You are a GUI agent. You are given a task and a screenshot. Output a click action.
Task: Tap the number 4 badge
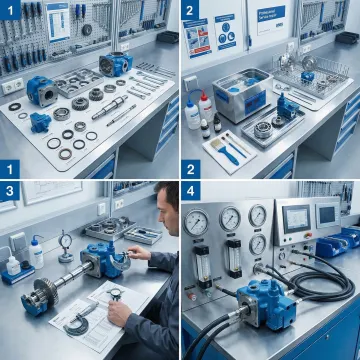(190, 189)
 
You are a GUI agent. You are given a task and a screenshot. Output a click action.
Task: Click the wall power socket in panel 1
(12, 86)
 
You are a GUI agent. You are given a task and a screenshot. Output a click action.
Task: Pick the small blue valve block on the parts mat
(40, 121)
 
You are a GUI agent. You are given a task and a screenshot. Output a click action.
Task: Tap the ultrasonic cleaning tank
(241, 91)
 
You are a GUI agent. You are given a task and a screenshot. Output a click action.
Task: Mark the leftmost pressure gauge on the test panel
(199, 220)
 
